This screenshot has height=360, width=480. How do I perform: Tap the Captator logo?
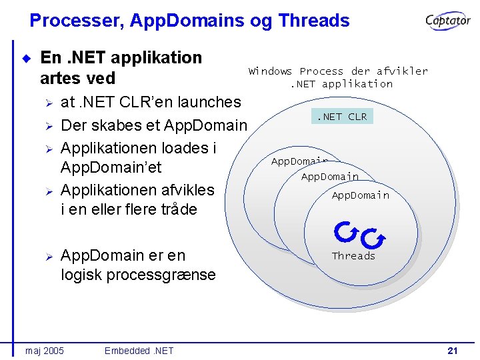[449, 21]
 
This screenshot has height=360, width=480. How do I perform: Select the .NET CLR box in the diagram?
[341, 117]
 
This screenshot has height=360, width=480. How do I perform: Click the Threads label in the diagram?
[353, 256]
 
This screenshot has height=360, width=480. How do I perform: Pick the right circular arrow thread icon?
[371, 236]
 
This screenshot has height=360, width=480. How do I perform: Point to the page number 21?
[453, 351]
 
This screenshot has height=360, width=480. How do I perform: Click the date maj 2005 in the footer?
[45, 351]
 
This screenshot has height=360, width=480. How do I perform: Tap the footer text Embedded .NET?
[139, 351]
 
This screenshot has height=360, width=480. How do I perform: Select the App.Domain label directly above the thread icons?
[361, 195]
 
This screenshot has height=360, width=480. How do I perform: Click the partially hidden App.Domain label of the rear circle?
[298, 161]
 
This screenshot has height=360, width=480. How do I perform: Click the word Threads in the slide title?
[314, 21]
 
